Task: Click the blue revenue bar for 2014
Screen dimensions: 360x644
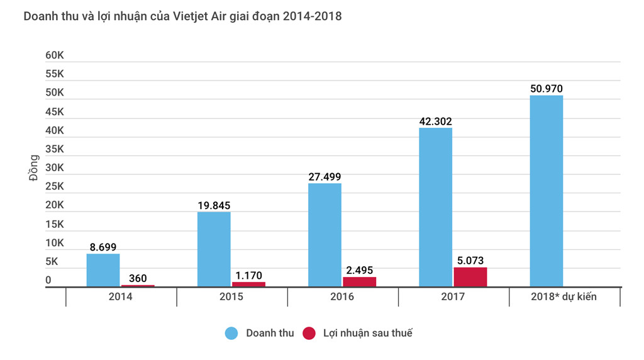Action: pos(103,271)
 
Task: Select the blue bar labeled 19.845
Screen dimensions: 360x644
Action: pos(214,250)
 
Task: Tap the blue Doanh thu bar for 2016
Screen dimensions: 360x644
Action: pos(325,235)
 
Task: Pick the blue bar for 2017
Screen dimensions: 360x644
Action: pos(435,208)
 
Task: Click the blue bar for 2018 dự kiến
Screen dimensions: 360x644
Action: pos(546,191)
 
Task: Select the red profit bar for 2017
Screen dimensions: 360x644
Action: pos(470,278)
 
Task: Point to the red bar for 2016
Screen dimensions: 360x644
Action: pos(359,282)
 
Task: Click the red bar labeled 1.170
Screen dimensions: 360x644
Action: pos(248,284)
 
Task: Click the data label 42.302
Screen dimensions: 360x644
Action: pos(435,121)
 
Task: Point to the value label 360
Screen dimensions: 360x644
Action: pos(138,278)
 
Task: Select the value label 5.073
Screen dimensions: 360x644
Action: pos(470,260)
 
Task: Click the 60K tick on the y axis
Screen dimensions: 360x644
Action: pos(55,55)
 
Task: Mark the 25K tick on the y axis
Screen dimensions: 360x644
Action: pos(55,186)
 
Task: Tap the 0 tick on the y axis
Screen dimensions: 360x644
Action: pos(48,281)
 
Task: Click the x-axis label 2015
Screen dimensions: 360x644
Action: pos(231,296)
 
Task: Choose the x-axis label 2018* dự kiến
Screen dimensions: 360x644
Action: pos(564,296)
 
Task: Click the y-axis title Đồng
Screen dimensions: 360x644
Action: pos(34,168)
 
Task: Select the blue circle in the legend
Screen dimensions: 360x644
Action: pos(231,334)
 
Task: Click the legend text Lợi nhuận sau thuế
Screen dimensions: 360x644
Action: pos(368,334)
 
